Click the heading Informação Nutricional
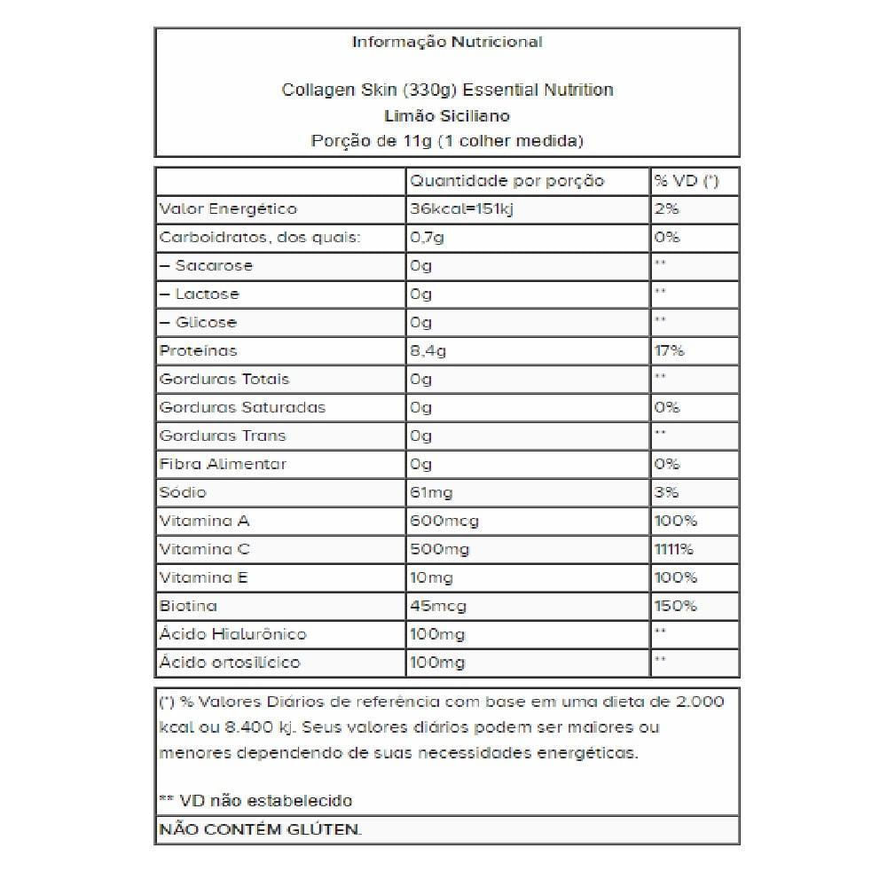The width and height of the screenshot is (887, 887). click(447, 42)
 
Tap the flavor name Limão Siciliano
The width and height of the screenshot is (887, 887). click(447, 115)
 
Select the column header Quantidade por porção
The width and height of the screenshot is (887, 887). click(506, 181)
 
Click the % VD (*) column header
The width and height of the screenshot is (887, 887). click(686, 181)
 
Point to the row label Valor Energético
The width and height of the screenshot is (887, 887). click(228, 209)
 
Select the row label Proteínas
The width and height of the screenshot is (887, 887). click(199, 351)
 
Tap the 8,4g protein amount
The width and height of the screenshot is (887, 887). click(428, 351)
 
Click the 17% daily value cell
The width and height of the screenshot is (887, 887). click(670, 351)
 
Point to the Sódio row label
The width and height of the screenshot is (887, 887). click(183, 492)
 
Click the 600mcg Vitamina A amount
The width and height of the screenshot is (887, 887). click(443, 521)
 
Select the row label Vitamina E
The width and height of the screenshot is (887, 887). click(203, 577)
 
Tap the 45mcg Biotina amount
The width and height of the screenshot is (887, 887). click(438, 606)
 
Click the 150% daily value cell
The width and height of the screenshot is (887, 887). click(675, 606)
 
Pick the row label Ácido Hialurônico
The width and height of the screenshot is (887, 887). click(232, 634)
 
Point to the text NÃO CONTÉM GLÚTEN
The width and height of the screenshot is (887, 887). click(260, 830)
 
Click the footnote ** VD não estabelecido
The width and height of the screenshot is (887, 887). click(255, 800)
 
